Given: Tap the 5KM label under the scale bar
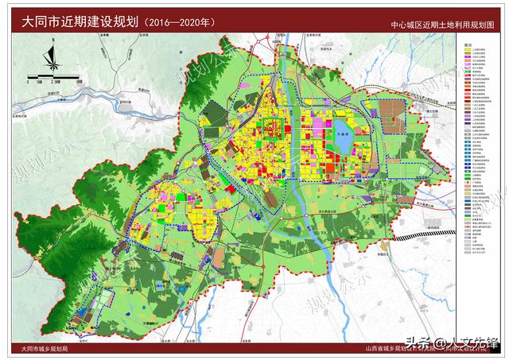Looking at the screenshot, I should click(80, 82).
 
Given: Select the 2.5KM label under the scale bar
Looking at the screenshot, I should click(54, 82).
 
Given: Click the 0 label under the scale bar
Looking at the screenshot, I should click(29, 82).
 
